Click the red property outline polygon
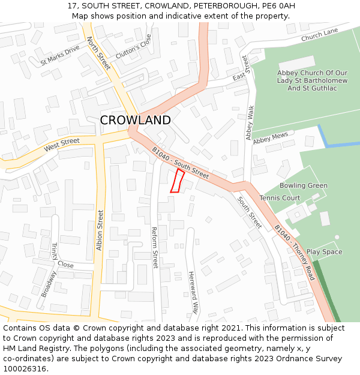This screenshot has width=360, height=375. [x=177, y=181]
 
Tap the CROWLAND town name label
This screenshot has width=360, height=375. [x=135, y=120]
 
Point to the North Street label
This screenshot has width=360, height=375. [x=98, y=53]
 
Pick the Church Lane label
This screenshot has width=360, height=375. [x=320, y=36]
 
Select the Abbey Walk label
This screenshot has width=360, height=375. [x=250, y=123]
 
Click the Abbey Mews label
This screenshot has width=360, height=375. [x=270, y=139]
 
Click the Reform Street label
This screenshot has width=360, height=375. [x=154, y=247]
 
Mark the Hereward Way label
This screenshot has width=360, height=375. [x=193, y=293]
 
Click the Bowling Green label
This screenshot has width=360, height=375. [x=304, y=185]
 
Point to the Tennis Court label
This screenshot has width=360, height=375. [x=280, y=198]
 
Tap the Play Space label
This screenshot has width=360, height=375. [x=324, y=252]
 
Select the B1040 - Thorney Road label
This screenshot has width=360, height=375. [x=294, y=253]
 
